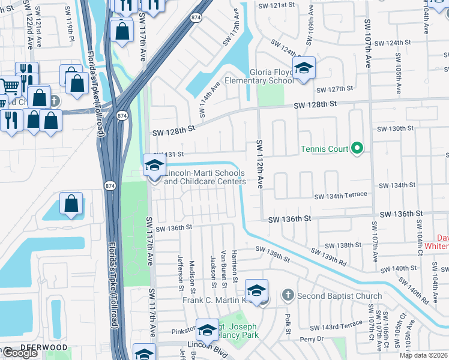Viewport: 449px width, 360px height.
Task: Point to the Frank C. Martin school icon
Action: click(256, 292)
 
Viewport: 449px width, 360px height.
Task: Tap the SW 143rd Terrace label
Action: click(336, 325)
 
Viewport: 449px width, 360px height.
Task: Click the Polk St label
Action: click(288, 323)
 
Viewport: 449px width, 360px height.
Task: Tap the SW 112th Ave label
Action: click(261, 165)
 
